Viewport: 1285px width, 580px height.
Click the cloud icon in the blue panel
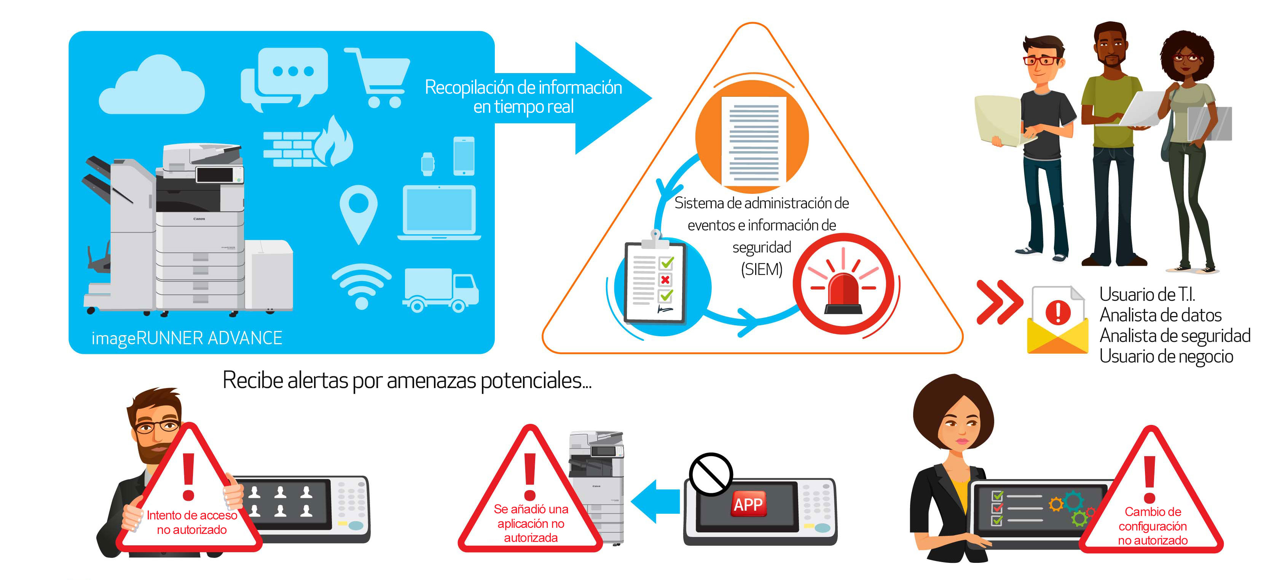(151, 86)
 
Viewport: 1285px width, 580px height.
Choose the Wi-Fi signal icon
(362, 286)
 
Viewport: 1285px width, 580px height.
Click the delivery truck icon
(441, 291)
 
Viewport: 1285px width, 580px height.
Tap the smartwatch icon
(427, 164)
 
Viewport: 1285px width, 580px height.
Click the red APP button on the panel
(748, 504)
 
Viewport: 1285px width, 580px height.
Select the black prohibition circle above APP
(711, 474)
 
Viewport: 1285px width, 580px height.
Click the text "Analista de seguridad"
(1175, 336)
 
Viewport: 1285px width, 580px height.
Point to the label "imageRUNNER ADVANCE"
(187, 338)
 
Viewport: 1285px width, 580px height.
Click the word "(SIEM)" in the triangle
(762, 270)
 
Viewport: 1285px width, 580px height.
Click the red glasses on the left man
(1041, 61)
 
